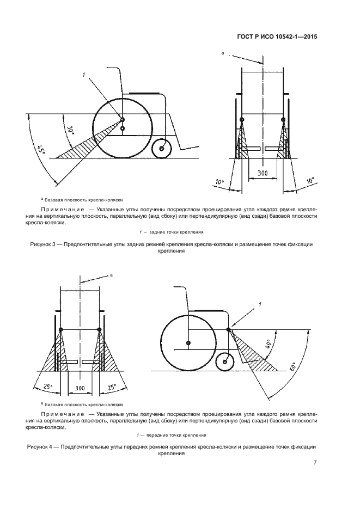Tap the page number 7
point(315,463)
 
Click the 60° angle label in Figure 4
point(295,368)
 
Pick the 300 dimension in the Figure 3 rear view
point(263,173)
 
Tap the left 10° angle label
point(219,181)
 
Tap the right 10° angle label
point(311,181)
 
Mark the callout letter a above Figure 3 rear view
point(223,53)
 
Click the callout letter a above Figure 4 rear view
point(111,275)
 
